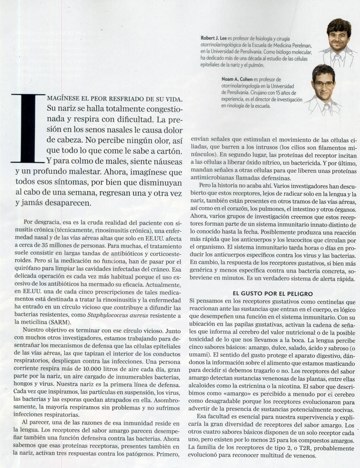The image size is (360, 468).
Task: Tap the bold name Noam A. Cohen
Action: click(x=237, y=79)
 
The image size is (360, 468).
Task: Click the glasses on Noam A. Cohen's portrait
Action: click(x=324, y=84)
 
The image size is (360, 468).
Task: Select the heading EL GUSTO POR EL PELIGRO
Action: click(x=272, y=294)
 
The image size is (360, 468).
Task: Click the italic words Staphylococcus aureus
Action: click(x=118, y=315)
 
